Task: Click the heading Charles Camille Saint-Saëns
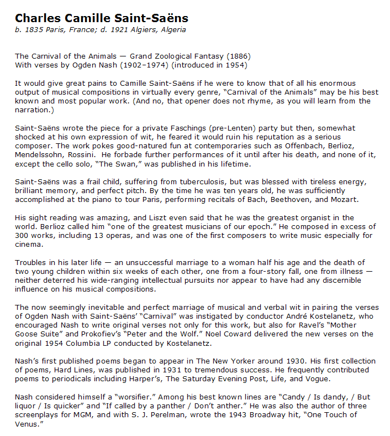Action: [x=102, y=18]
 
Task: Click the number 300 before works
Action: [x=22, y=235]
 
